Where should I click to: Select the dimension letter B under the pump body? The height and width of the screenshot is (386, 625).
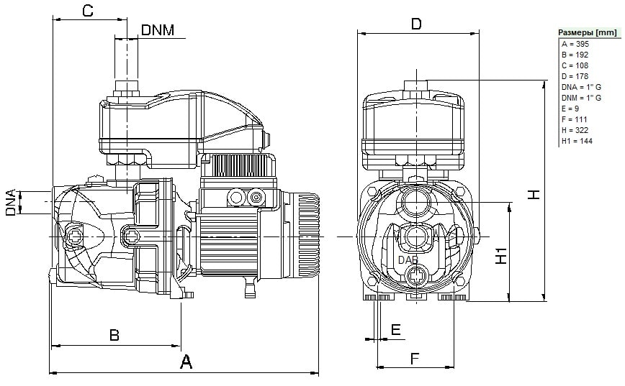click(x=114, y=335)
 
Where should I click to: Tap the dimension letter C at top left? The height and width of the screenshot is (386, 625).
click(x=87, y=11)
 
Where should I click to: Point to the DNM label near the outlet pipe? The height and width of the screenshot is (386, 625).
click(x=158, y=29)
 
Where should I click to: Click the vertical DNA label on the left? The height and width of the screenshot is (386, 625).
click(x=12, y=203)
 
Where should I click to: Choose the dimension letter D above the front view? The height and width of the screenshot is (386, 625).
click(x=415, y=24)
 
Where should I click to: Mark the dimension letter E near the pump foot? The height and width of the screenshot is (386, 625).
click(x=395, y=329)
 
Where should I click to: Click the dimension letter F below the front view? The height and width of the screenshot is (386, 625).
click(x=415, y=357)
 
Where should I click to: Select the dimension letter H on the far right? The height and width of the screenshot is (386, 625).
click(x=534, y=194)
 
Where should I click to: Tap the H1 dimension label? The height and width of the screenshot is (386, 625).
click(x=502, y=253)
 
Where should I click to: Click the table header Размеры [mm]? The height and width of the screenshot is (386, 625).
click(x=588, y=32)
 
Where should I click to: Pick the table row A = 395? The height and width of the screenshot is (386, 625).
click(x=575, y=44)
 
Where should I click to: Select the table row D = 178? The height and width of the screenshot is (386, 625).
click(x=575, y=76)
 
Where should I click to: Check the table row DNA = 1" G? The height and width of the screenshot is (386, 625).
click(x=580, y=87)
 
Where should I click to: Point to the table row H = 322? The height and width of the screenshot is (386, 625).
click(x=575, y=130)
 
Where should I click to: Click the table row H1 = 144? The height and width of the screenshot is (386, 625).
click(x=576, y=141)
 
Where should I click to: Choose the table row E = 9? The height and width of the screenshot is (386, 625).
click(x=570, y=109)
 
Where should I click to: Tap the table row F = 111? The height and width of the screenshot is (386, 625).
click(x=574, y=119)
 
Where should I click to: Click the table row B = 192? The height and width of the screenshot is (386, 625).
click(x=575, y=55)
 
